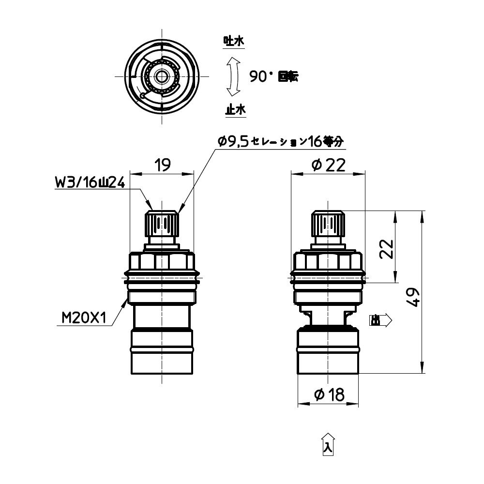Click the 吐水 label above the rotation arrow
pos(233,42)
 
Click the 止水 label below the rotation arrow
pos(235,110)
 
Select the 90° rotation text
pos(273,76)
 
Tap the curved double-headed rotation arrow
pos(234,76)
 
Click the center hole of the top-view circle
pos(161,76)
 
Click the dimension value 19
pos(162,166)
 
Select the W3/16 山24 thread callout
pos(91,183)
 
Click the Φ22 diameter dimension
pos(328,166)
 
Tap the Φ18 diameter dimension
pos(329,395)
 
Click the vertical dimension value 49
pos(413,296)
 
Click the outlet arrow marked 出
pos(380,320)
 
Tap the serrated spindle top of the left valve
pos(161,223)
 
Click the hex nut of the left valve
pos(161,262)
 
